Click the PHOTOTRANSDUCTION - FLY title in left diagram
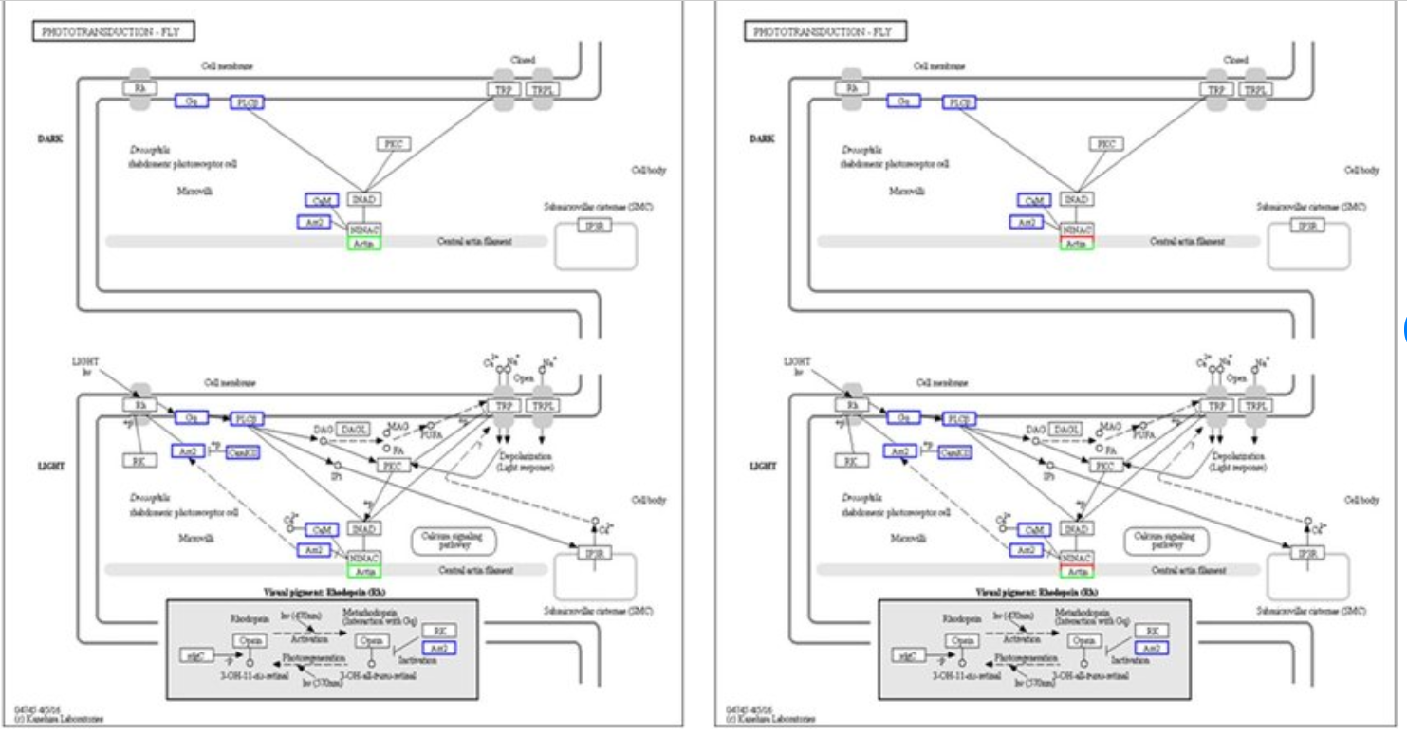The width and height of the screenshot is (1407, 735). point(113,32)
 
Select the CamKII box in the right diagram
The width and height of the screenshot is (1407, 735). point(954,452)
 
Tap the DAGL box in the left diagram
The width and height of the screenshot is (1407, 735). point(353,430)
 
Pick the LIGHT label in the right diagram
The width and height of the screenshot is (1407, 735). point(763,467)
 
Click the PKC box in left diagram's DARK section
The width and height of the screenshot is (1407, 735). point(393,144)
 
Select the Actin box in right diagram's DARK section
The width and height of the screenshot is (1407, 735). point(1076,244)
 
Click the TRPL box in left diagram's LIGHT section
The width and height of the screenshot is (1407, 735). point(543,406)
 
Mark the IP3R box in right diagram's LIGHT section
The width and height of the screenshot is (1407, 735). point(1307,553)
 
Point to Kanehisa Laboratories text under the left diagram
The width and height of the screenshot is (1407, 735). point(59,718)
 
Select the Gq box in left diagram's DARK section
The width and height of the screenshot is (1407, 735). point(191,101)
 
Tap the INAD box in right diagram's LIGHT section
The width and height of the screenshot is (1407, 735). point(1076,528)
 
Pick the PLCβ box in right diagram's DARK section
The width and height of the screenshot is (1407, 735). point(959,102)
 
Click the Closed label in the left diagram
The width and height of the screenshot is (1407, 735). point(523,61)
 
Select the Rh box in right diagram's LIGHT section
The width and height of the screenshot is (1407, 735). point(851,405)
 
